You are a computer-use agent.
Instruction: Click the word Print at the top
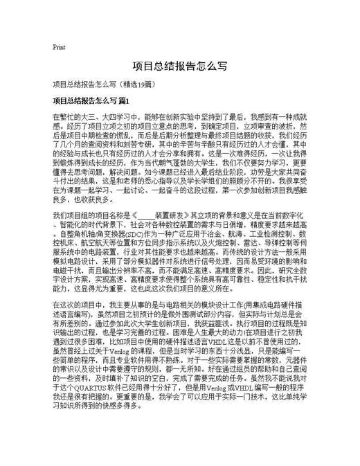tap(59, 47)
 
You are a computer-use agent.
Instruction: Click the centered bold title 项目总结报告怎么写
tap(180, 67)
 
